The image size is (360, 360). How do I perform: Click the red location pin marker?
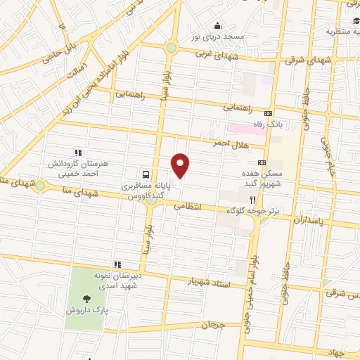(181, 166)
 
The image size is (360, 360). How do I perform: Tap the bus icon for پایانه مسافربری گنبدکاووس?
(146, 174)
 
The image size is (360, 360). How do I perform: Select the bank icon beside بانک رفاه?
(267, 113)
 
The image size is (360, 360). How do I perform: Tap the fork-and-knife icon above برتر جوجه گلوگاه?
(262, 199)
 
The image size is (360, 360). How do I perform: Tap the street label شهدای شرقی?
(304, 61)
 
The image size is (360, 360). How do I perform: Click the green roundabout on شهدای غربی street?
(171, 49)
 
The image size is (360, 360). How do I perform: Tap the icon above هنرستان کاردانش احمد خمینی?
(78, 152)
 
